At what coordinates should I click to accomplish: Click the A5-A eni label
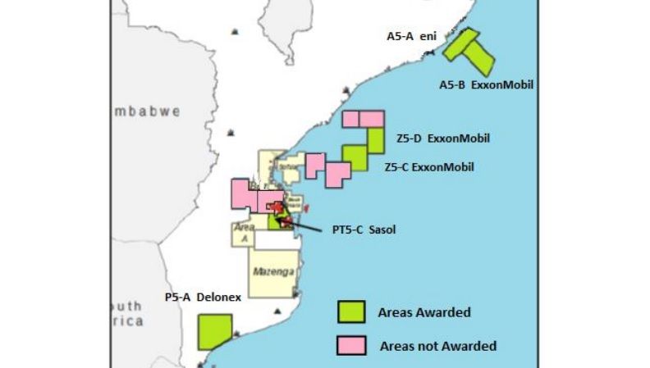coord(411,36)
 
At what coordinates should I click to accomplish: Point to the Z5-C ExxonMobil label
coord(428,166)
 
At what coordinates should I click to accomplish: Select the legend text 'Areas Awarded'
coord(423,312)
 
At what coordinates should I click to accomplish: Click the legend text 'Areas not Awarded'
coord(438,346)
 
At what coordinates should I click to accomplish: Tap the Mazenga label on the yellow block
coord(272,272)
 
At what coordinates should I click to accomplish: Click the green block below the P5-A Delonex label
coord(214,331)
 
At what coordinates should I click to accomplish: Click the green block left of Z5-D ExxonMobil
coord(376,140)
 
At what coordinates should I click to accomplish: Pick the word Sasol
coord(380,229)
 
